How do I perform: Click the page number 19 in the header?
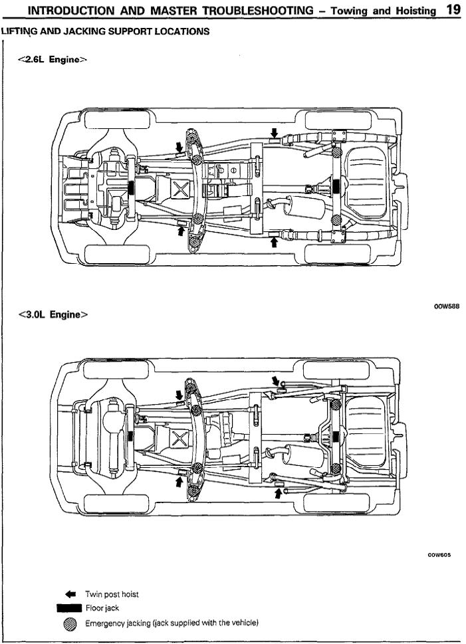coord(453,9)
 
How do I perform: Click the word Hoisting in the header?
coord(414,11)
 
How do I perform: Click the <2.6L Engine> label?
coord(53,59)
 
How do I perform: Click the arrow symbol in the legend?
coord(72,593)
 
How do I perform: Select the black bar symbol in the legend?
coord(69,608)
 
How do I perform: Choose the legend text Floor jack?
coord(102,608)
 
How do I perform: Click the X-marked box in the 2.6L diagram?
coord(180,188)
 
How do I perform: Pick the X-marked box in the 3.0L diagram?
coord(179,438)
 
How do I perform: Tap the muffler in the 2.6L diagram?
coord(305,207)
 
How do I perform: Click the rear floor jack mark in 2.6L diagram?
coord(336,187)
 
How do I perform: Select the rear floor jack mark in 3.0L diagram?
coord(336,437)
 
